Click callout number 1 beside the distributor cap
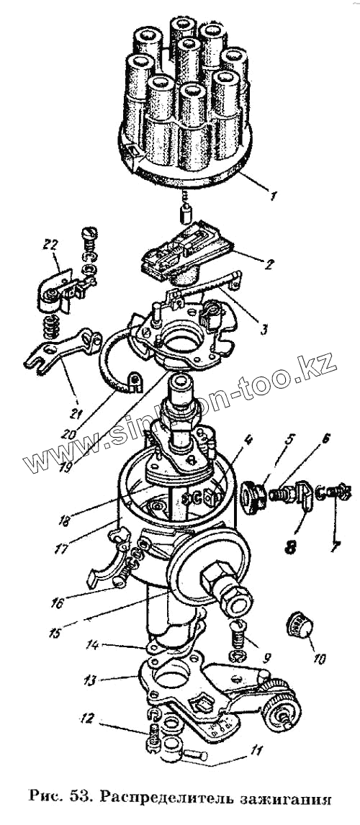[x=271, y=197]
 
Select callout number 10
[x=319, y=658]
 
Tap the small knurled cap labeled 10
[x=298, y=624]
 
